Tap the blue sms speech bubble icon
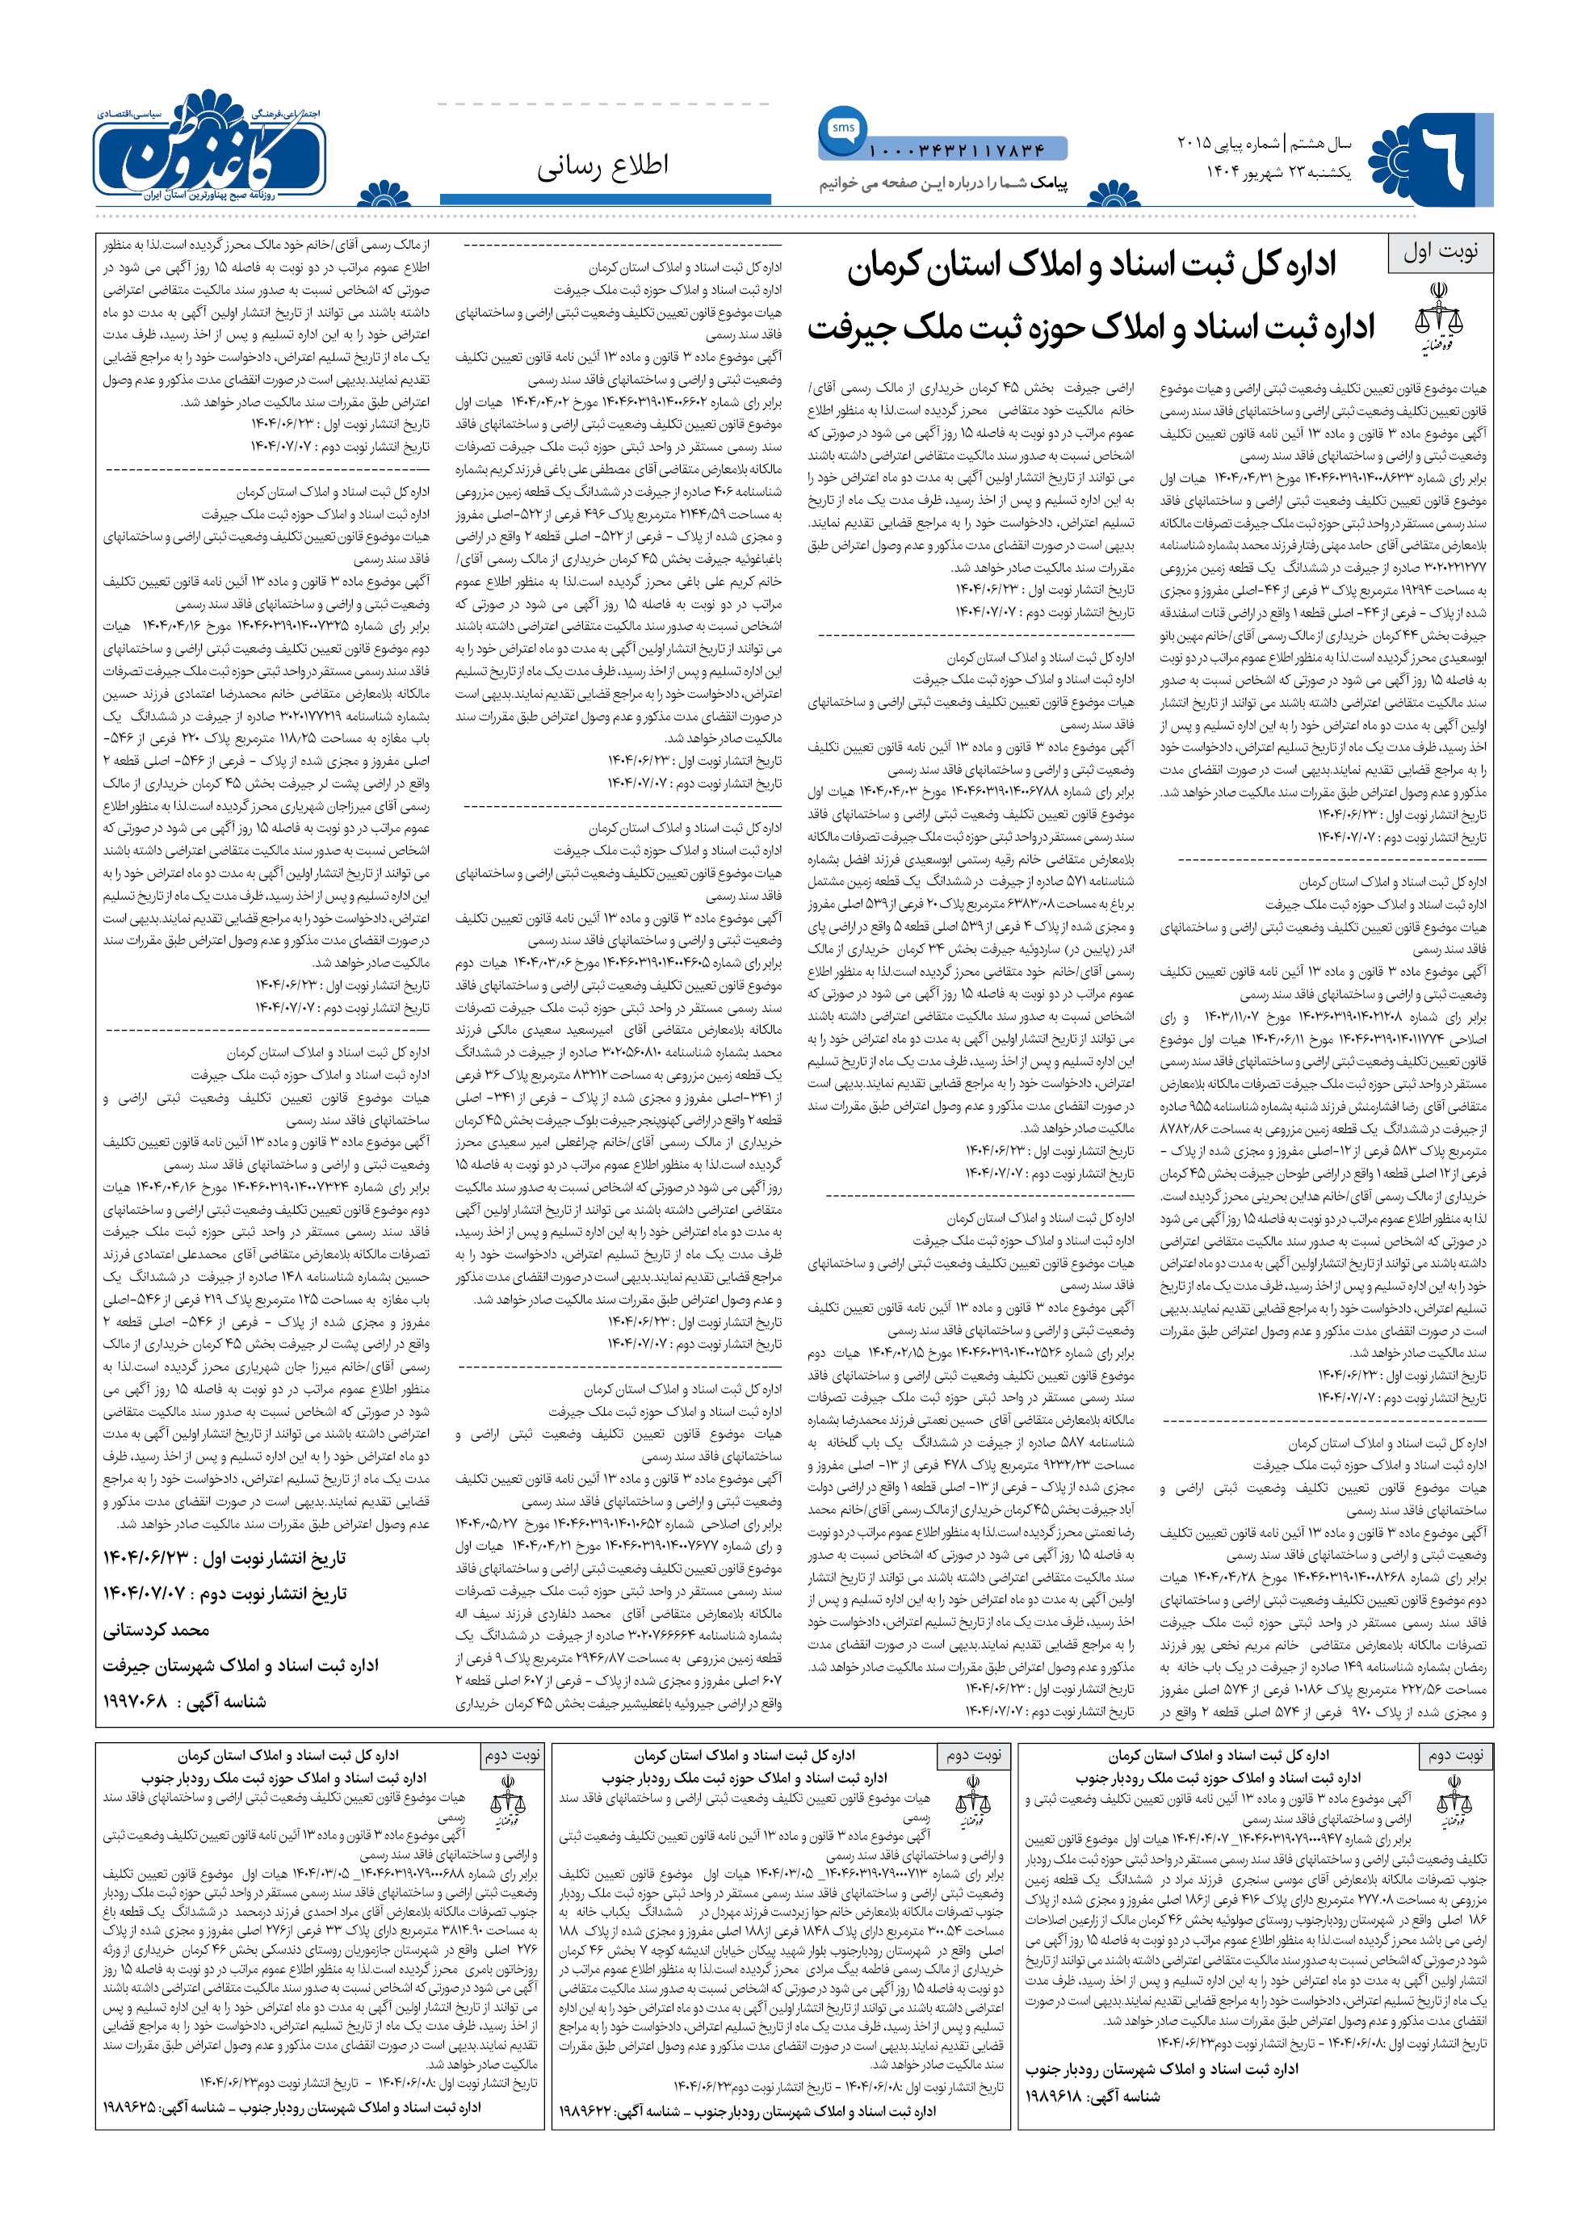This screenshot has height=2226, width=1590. tap(842, 129)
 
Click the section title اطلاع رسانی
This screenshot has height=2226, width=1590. tap(602, 166)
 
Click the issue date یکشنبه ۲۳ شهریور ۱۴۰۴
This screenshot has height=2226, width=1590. tap(1277, 172)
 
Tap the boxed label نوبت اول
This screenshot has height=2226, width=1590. tap(1440, 252)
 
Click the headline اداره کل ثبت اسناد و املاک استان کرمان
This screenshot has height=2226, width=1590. tap(1092, 267)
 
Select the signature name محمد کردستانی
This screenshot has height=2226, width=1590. tap(157, 1630)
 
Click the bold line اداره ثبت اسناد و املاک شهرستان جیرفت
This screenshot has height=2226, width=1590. tap(241, 1665)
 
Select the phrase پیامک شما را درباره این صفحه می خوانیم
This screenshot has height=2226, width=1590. tap(943, 183)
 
